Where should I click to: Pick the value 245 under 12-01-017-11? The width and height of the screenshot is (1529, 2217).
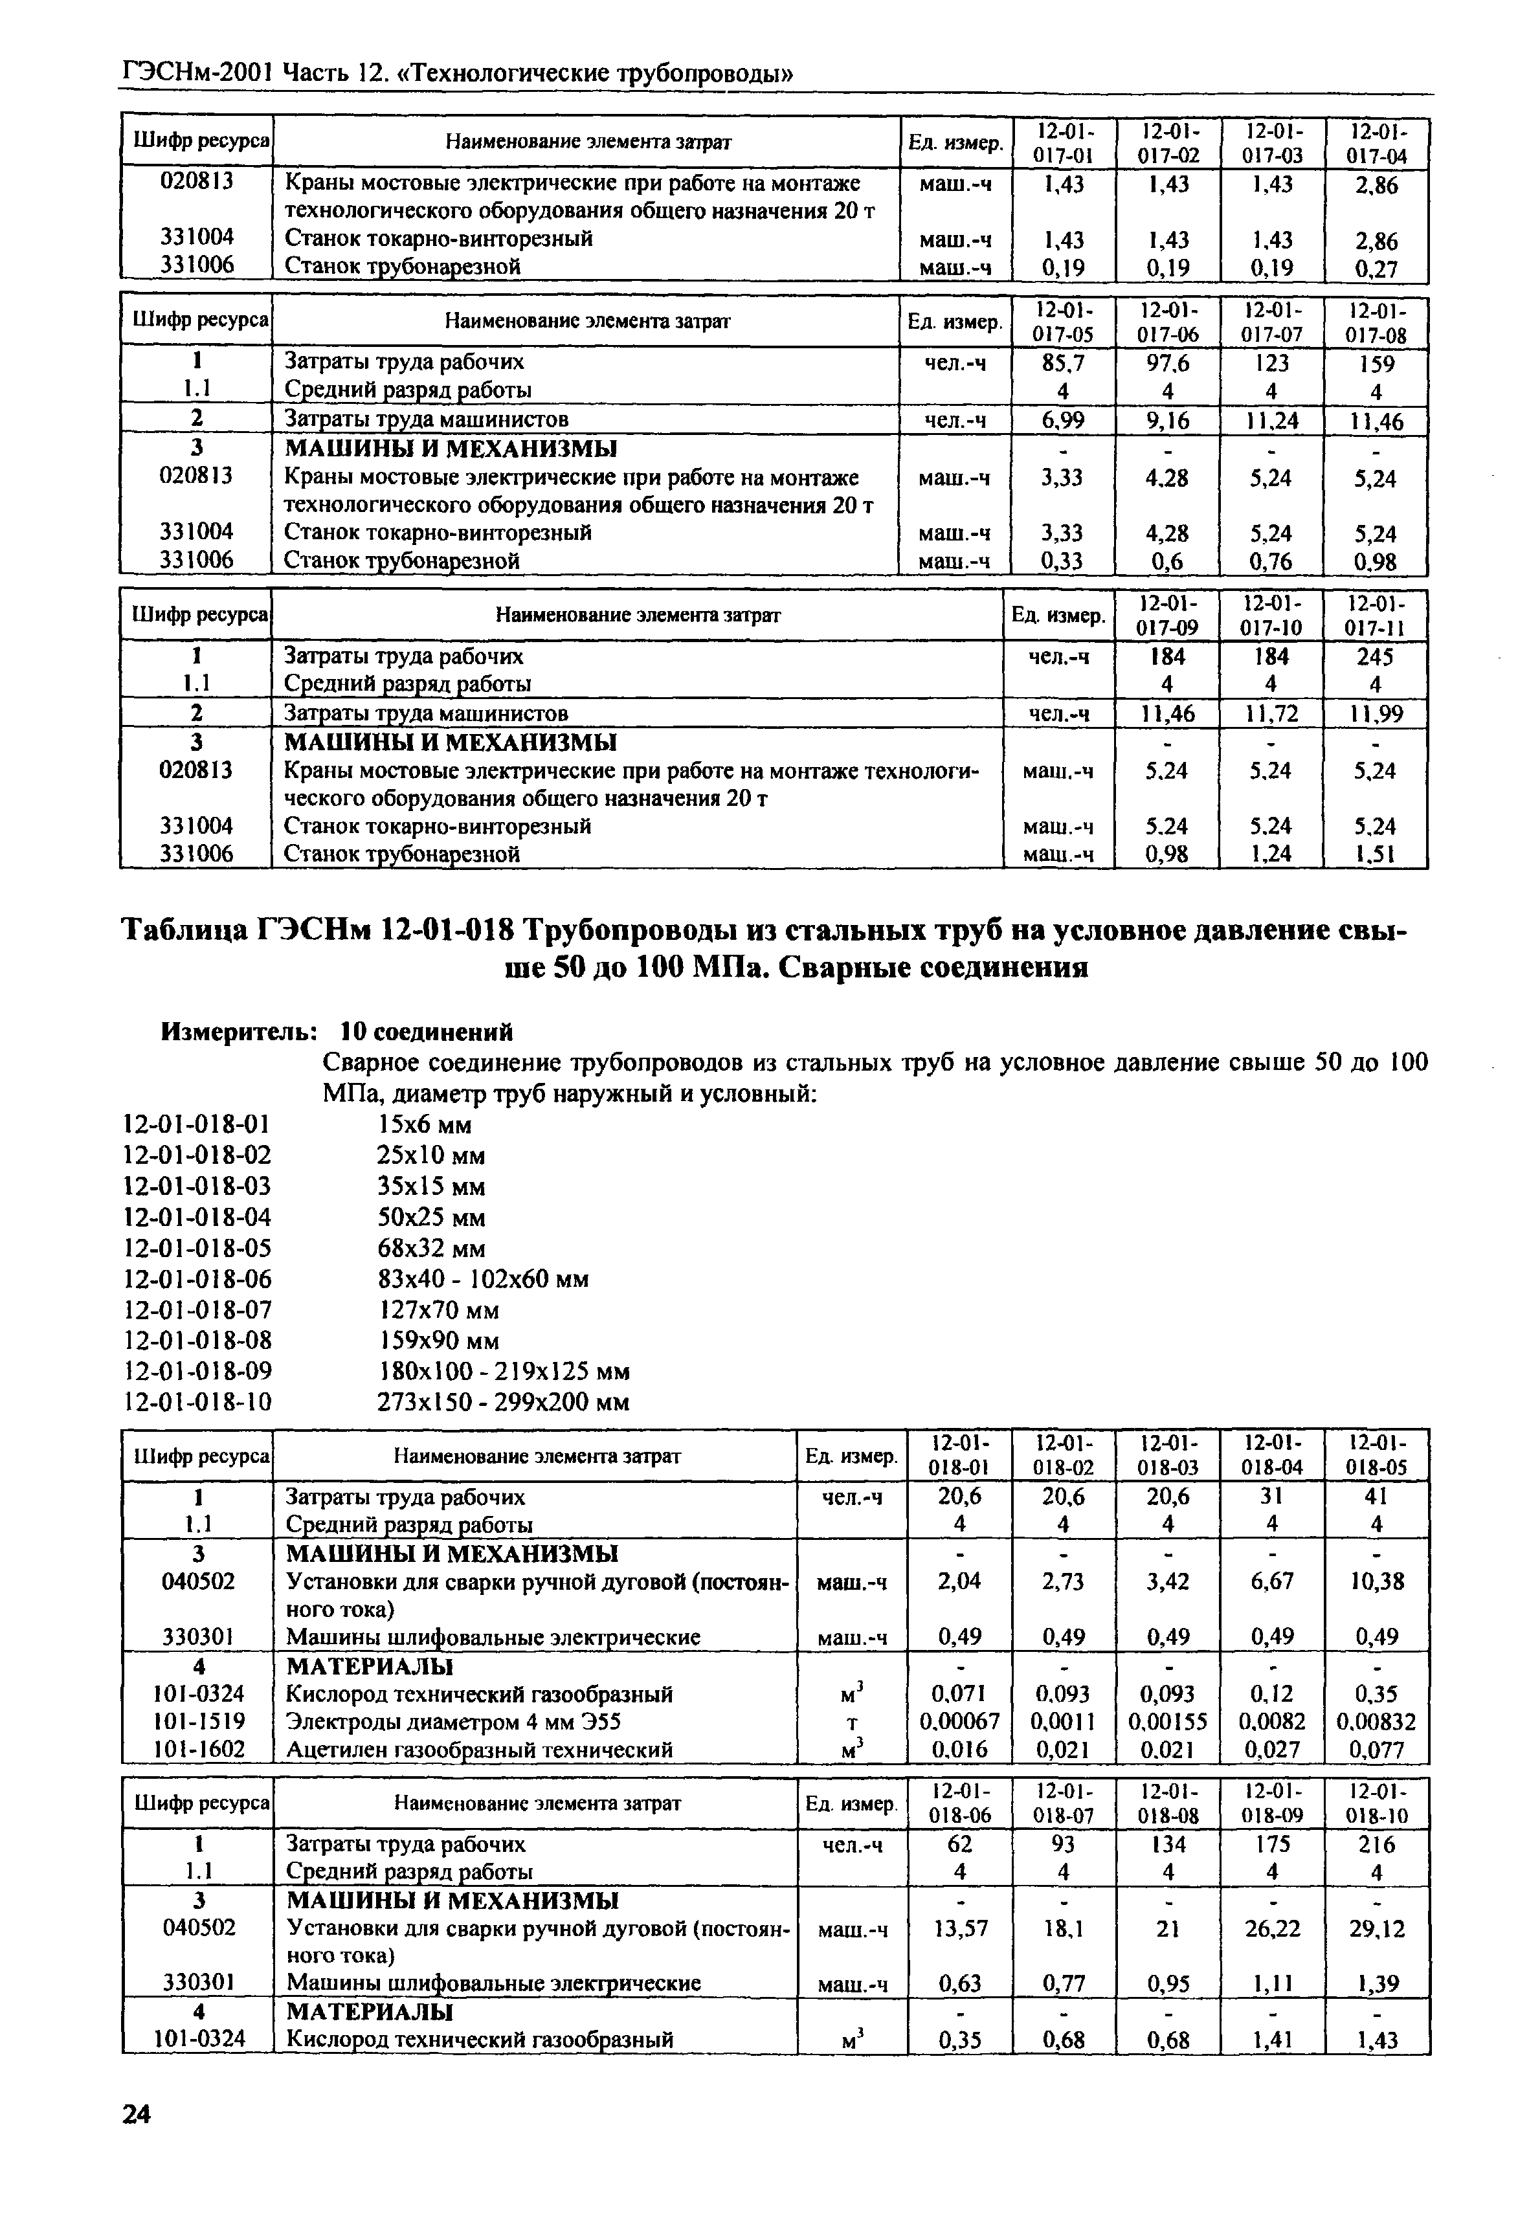[x=1375, y=657]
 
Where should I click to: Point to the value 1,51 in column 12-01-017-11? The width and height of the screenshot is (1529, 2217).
[x=1375, y=854]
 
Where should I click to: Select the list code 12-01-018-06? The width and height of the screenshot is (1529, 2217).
[x=197, y=1279]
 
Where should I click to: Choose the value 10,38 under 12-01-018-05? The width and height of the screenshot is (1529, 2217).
[x=1377, y=1581]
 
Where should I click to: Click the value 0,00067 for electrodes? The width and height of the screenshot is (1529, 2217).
[x=959, y=1722]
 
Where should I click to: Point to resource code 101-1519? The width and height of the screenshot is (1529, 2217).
[x=197, y=1722]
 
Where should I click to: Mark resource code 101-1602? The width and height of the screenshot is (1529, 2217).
[x=197, y=1750]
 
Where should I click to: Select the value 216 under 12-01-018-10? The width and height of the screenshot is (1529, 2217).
[x=1377, y=1844]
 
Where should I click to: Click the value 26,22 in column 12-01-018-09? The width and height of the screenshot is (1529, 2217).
[x=1272, y=1928]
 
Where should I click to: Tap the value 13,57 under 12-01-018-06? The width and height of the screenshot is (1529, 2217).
[x=960, y=1928]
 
